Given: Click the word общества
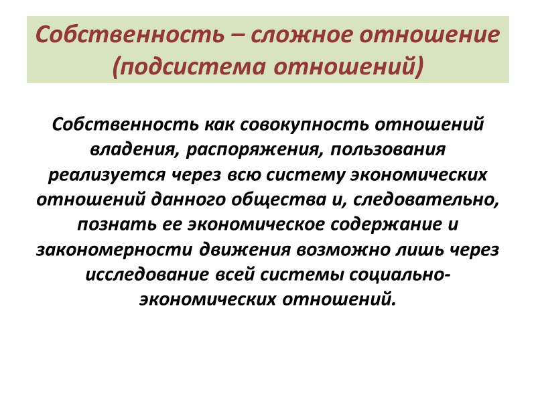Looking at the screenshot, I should pos(261,199).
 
